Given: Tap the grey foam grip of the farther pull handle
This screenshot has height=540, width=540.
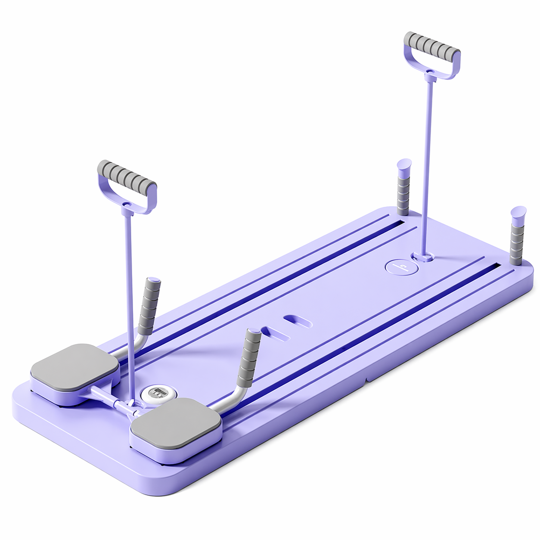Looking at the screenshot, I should point(432,45).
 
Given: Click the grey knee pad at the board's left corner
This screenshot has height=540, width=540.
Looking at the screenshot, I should point(74,365).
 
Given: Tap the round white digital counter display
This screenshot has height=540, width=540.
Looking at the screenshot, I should point(156,393).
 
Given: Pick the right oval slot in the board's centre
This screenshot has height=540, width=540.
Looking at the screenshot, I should point(298,322).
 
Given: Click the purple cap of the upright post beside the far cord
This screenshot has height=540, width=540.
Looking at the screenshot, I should point(404,164).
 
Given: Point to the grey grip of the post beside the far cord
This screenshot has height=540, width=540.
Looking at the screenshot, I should point(403,192).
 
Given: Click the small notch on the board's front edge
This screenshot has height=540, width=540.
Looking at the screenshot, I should point(366,379).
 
